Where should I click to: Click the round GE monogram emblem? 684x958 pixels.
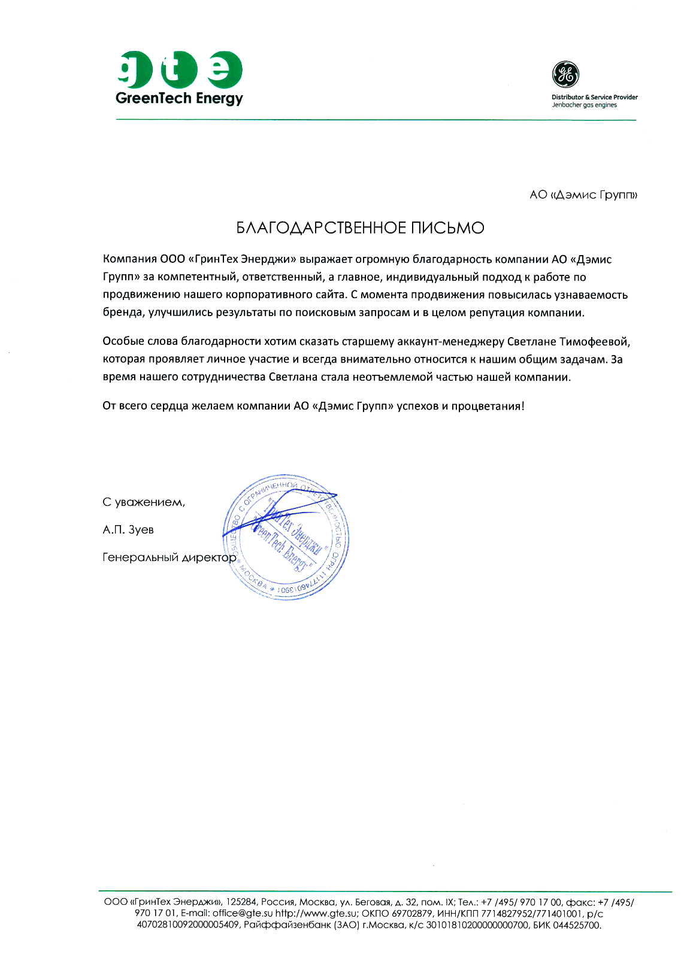tap(565, 74)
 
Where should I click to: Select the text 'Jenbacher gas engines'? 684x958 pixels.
tap(584, 105)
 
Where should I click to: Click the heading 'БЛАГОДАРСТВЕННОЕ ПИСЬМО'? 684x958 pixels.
tap(360, 228)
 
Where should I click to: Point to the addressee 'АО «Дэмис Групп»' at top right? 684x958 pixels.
tap(583, 195)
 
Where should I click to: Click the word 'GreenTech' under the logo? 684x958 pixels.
tap(153, 99)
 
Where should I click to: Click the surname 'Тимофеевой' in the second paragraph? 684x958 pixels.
tap(594, 342)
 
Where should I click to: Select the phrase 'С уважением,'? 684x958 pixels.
tap(144, 502)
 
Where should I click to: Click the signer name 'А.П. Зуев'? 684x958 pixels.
tap(128, 530)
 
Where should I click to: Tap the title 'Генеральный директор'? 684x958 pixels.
tap(170, 557)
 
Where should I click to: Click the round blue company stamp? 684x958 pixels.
tap(286, 537)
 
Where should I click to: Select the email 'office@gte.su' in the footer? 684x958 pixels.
tap(243, 914)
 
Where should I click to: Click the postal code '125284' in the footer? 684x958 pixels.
tap(241, 902)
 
